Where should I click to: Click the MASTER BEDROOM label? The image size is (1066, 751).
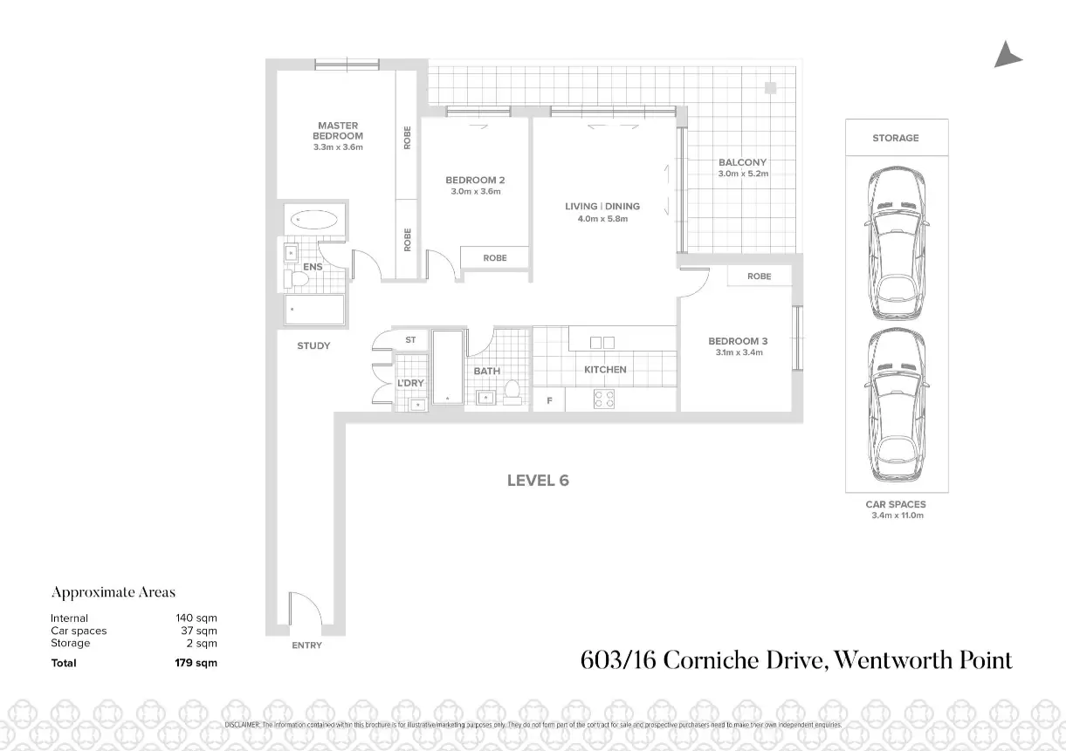pos(338,131)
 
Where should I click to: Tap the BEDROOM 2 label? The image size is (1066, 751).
pos(475,181)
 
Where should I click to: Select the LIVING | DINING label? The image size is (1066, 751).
pos(602,207)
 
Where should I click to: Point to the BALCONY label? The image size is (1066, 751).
pos(742,162)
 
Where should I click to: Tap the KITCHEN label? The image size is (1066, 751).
pos(605,370)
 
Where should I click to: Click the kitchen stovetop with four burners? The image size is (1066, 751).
pos(604,399)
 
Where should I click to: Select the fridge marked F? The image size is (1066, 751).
pos(549,401)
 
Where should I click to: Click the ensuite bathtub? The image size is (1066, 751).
pos(314,220)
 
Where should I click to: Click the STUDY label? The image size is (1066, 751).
pos(313,346)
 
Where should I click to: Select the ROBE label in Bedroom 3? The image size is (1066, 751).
pos(759,277)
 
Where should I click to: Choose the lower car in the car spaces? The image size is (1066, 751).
pos(896,407)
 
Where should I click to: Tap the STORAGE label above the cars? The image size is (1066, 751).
pos(896,138)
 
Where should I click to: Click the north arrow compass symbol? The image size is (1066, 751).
pos(1007,55)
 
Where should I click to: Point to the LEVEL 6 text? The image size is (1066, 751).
pos(538,481)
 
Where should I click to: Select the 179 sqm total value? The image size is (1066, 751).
pos(196,663)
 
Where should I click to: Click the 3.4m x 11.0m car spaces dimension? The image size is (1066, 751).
pos(896,515)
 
